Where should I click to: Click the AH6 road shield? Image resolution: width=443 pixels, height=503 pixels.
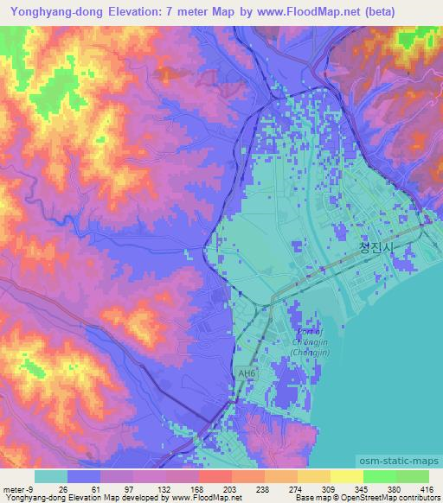(249, 373)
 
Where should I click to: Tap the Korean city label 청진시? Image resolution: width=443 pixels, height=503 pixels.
(376, 248)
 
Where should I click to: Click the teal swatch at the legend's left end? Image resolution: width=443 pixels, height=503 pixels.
(51, 476)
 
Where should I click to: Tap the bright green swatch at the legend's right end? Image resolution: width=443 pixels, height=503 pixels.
(412, 476)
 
